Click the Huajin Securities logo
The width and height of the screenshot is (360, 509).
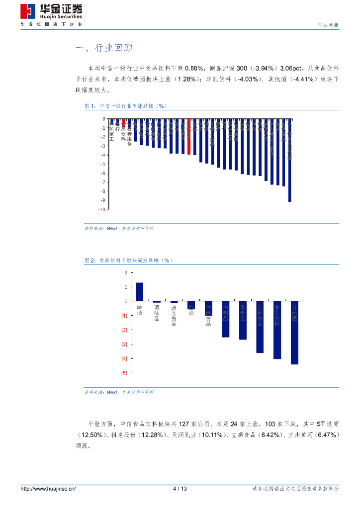click(51, 11)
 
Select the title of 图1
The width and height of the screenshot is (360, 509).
click(126, 106)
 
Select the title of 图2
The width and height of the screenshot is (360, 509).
click(128, 260)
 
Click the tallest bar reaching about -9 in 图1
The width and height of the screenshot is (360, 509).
click(290, 160)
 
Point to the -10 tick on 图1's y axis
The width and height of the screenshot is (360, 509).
click(101, 209)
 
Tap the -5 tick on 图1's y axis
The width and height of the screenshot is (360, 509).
click(103, 164)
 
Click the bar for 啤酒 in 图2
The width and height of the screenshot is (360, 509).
click(139, 292)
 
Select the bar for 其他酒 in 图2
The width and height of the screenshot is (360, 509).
click(294, 333)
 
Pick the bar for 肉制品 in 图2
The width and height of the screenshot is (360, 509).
click(225, 319)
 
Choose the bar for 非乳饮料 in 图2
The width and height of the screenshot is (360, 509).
click(277, 330)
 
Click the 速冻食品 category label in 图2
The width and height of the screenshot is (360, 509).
click(174, 316)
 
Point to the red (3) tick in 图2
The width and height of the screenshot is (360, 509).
click(124, 344)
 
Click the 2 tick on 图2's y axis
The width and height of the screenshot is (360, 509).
click(126, 272)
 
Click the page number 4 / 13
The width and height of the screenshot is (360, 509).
click(180, 489)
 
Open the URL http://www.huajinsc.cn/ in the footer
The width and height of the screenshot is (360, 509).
click(48, 489)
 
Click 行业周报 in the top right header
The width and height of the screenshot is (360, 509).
click(328, 25)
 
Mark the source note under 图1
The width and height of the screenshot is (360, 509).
click(118, 228)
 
